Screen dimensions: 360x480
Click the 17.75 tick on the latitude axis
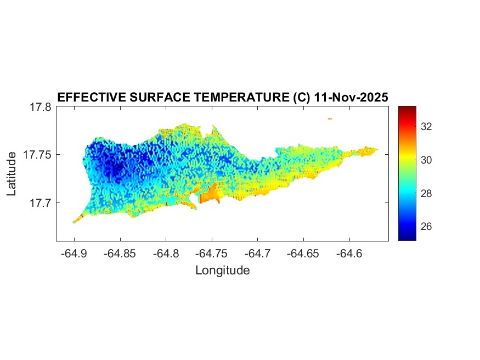(x=37, y=155)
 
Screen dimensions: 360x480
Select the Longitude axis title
(x=223, y=271)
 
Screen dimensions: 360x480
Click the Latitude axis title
(x=12, y=175)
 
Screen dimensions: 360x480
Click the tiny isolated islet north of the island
(x=330, y=118)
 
